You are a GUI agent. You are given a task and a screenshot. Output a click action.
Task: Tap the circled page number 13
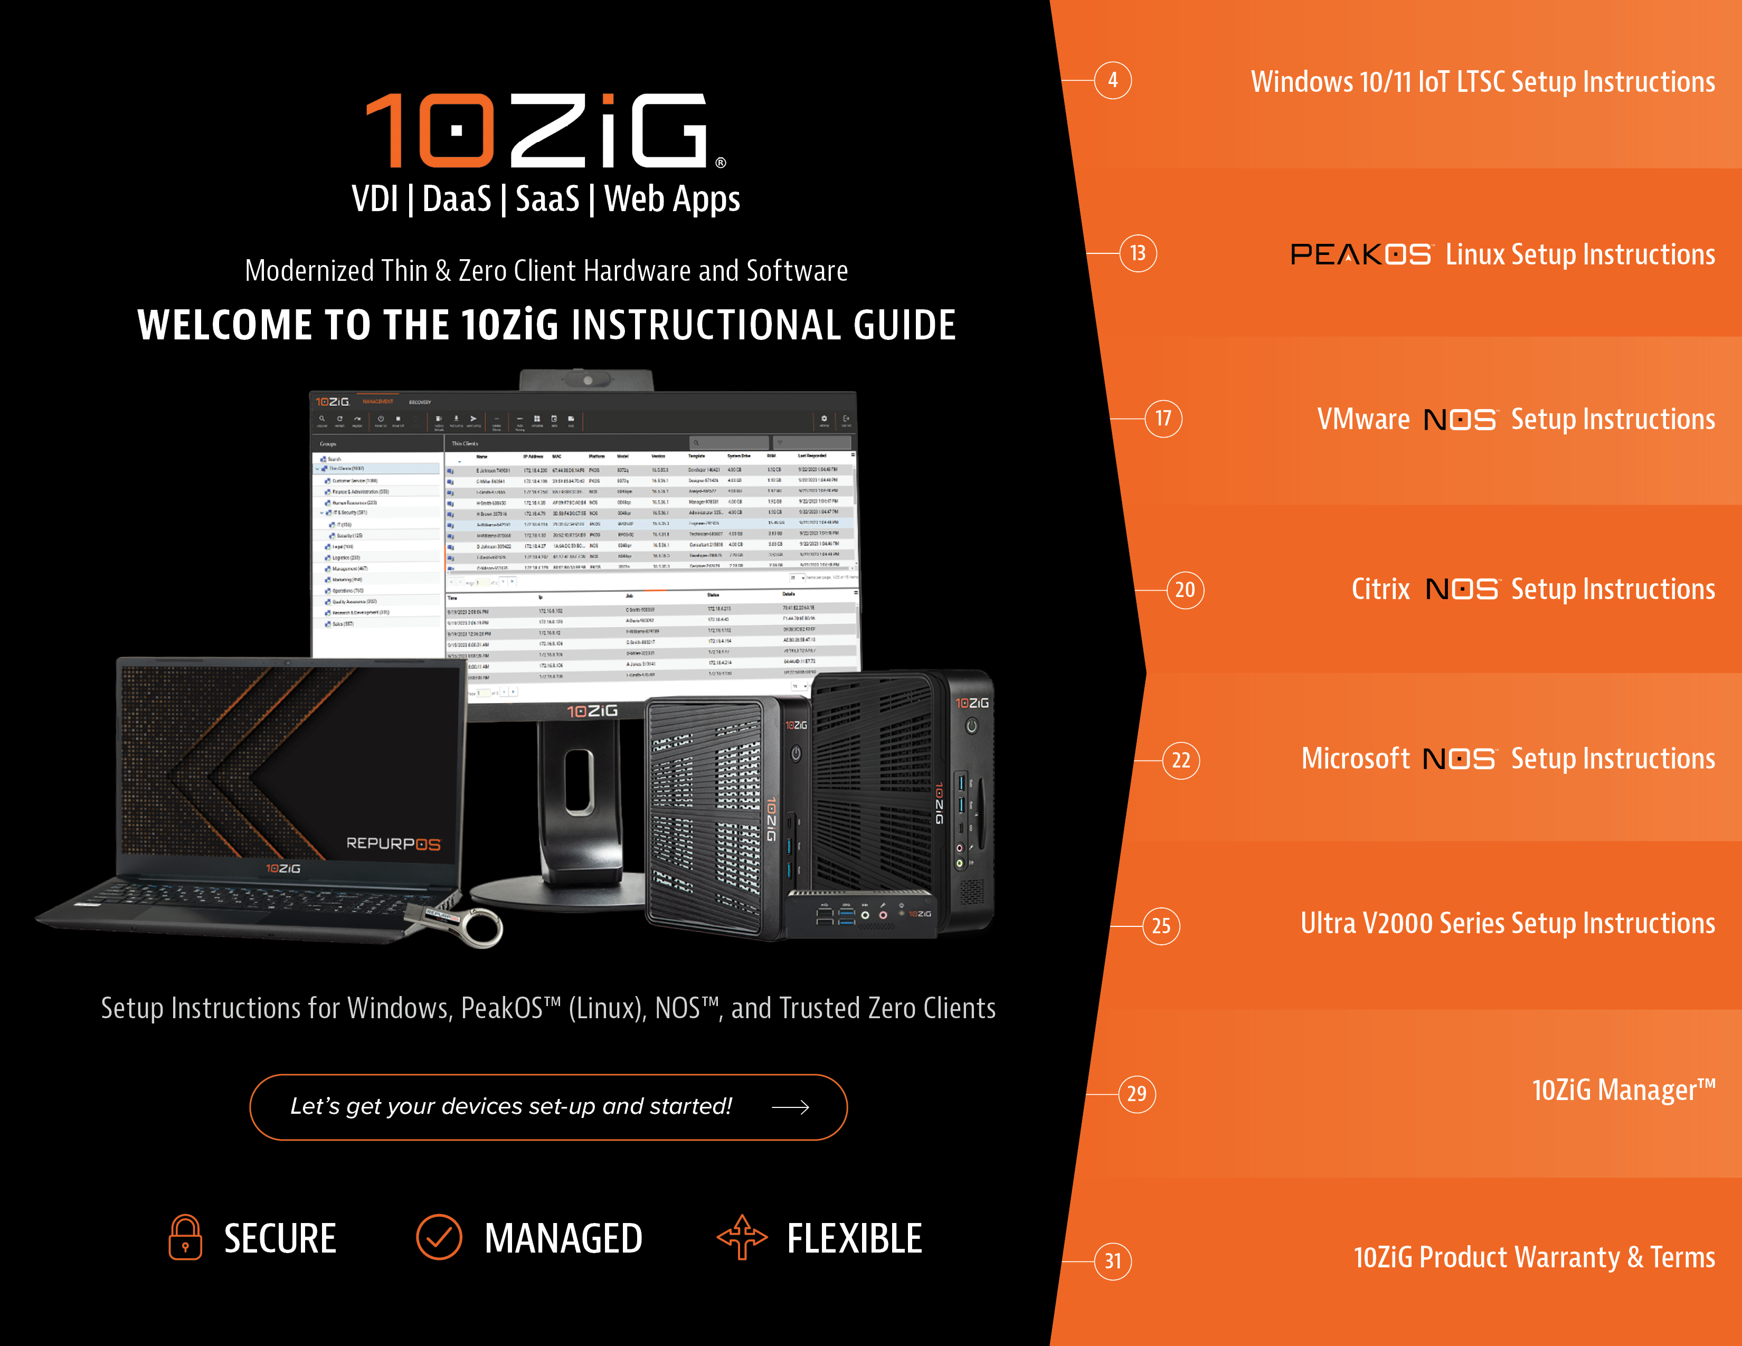click(1138, 253)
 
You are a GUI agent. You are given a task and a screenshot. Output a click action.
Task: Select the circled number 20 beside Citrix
click(1185, 590)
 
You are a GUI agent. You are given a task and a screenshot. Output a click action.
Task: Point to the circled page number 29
click(1137, 1094)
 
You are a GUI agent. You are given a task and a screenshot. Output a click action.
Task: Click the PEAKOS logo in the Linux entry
click(1361, 254)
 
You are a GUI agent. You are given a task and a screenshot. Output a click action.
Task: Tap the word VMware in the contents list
click(1363, 420)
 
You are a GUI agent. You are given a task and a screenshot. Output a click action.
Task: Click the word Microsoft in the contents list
click(1355, 759)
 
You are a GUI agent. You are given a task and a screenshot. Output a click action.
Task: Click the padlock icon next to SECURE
click(185, 1238)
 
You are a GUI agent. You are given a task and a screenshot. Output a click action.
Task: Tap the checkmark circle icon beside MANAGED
click(439, 1238)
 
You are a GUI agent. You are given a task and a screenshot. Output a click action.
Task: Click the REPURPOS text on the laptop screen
click(392, 843)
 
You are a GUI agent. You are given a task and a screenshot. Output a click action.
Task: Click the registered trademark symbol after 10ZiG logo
click(720, 163)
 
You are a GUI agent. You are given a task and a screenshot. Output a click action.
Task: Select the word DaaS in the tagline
click(456, 200)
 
